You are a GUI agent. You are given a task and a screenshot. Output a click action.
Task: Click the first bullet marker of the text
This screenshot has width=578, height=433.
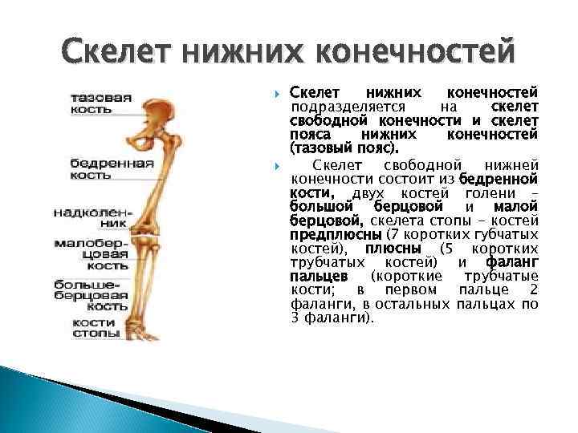tap(275, 94)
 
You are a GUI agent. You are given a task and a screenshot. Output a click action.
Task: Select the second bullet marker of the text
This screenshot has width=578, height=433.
tap(275, 165)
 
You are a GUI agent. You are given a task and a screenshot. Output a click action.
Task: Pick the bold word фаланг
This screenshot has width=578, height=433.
tap(511, 262)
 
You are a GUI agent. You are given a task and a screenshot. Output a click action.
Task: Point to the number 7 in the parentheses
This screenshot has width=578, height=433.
tap(393, 235)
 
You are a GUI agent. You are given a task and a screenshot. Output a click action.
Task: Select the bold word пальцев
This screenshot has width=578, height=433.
tap(317, 276)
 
